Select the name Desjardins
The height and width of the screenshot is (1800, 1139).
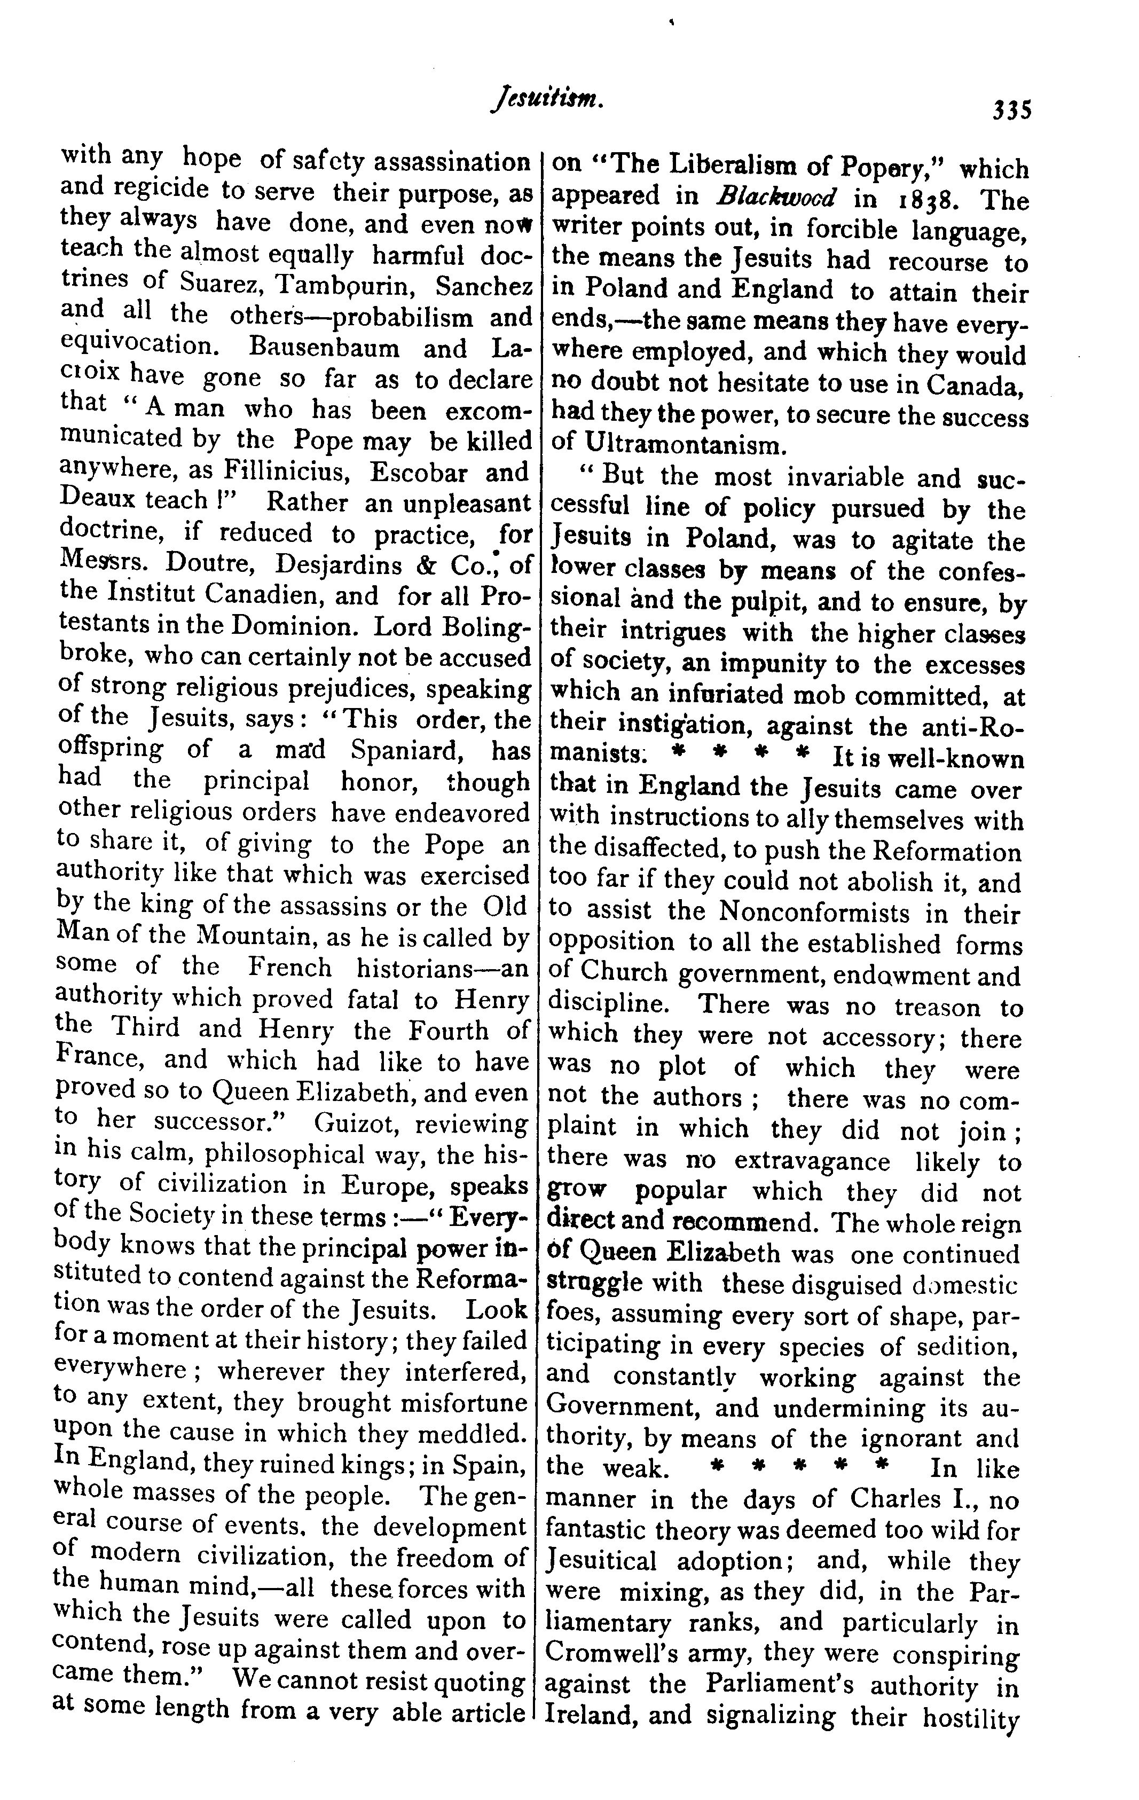click(325, 565)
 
